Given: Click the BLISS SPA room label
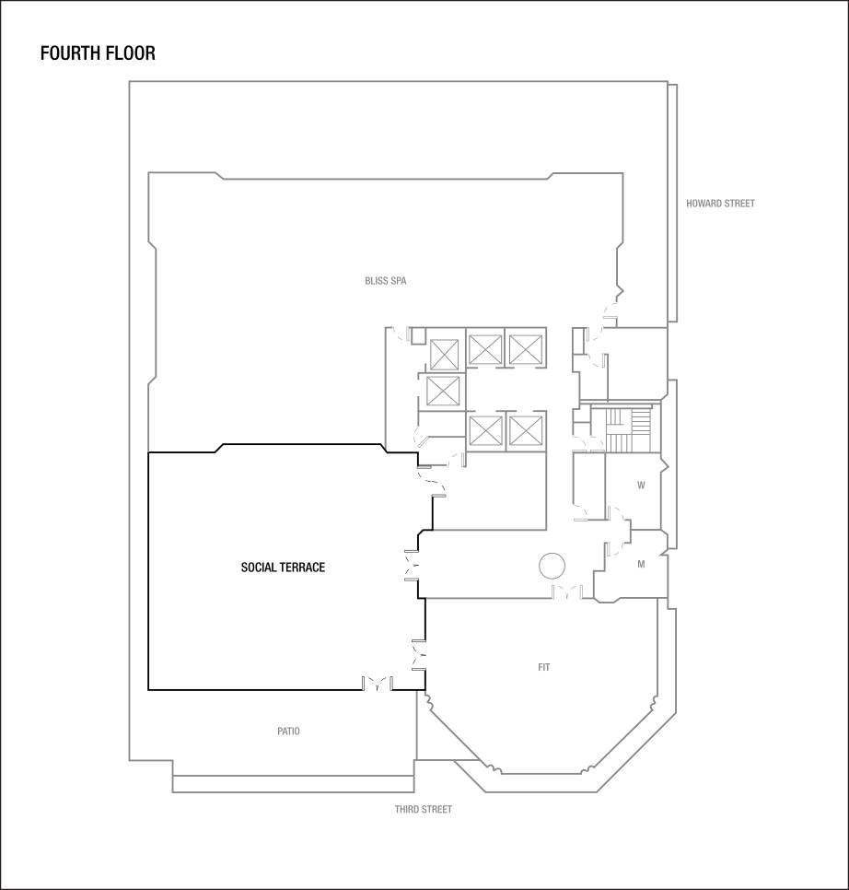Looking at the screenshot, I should tap(385, 281).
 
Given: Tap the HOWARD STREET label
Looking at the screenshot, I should tap(720, 204).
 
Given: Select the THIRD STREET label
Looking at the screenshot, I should tap(424, 810).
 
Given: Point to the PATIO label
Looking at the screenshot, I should tap(288, 732).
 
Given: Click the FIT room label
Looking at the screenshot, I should tap(544, 668).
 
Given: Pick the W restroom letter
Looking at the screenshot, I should tap(641, 485).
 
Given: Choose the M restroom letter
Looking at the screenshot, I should tap(641, 565).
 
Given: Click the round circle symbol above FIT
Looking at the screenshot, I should tap(552, 566).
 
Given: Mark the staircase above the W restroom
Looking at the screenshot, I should tap(627, 428).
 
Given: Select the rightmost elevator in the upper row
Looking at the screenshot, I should tap(524, 350).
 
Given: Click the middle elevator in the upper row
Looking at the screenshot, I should tap(484, 350).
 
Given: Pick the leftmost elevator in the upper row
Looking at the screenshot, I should tap(445, 352).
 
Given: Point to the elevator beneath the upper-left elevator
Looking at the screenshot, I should tap(442, 390).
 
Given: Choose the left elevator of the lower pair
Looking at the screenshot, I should tap(484, 430).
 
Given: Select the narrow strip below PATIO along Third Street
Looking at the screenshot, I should tap(293, 783).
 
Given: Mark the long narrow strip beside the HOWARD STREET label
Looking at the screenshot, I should tap(673, 203).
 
